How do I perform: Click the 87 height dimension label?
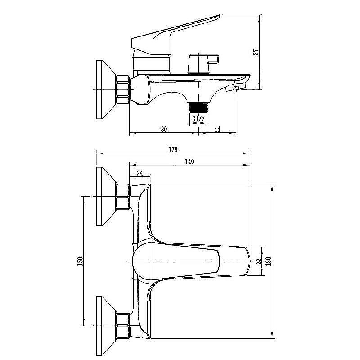click(x=256, y=52)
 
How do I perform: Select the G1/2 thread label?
click(x=198, y=119)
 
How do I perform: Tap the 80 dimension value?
click(x=164, y=129)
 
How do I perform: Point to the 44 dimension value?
click(x=217, y=129)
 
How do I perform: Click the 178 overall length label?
click(x=173, y=149)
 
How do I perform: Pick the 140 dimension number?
click(x=189, y=162)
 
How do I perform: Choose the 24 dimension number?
click(x=140, y=173)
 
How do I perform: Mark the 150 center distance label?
click(x=80, y=261)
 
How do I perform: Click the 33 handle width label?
click(x=258, y=261)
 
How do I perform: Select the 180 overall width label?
click(x=268, y=261)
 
